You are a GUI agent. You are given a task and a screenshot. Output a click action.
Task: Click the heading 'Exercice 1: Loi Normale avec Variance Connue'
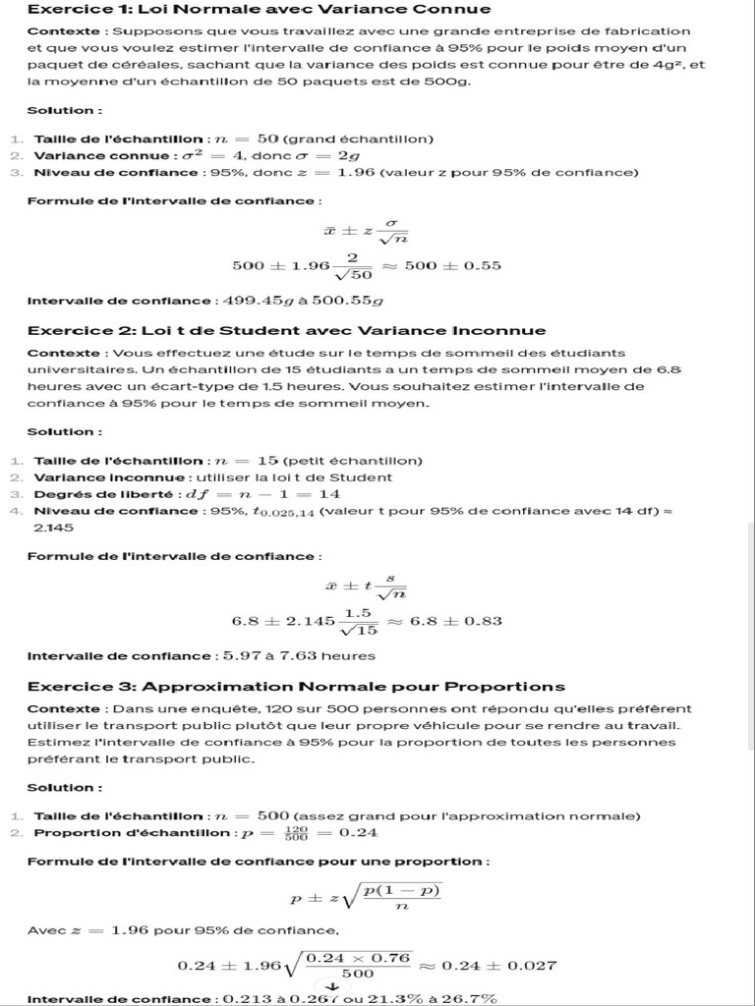click(259, 10)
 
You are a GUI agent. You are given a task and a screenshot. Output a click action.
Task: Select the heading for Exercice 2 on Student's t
click(286, 330)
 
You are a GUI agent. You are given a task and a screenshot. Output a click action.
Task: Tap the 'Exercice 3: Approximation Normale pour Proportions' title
click(296, 686)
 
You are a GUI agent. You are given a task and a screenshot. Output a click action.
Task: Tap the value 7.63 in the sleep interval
click(286, 656)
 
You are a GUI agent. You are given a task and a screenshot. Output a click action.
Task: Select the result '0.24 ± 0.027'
click(499, 966)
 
